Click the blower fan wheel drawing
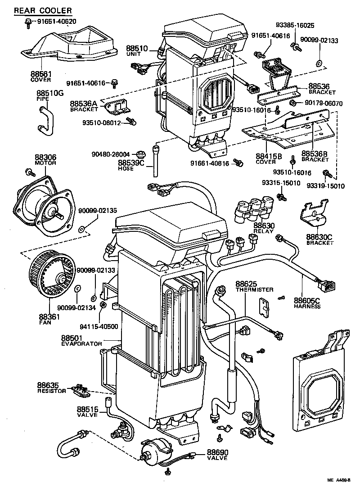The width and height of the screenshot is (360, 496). (x=50, y=276)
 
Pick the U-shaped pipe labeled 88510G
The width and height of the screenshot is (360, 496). (x=45, y=120)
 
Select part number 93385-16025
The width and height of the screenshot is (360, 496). (x=295, y=26)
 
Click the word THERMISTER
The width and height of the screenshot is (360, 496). (x=254, y=290)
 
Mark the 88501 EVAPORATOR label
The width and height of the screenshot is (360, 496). (x=81, y=340)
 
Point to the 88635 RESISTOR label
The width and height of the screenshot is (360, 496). (x=51, y=388)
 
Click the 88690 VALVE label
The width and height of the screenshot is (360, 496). (x=217, y=455)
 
